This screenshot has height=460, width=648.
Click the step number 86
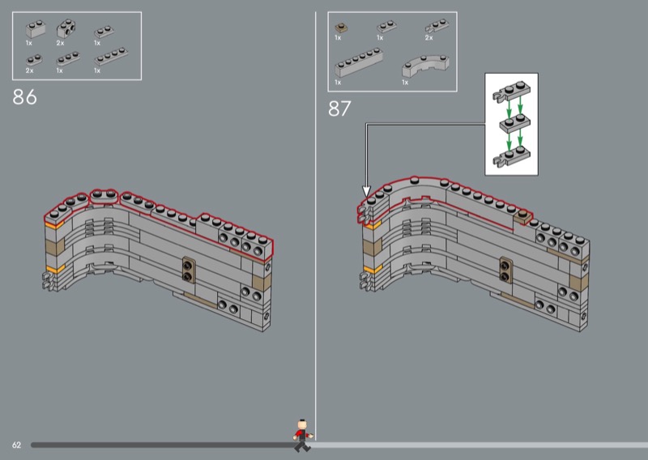pyautogui.click(x=25, y=97)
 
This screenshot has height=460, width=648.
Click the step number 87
pyautogui.click(x=339, y=109)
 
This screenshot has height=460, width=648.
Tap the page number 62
pyautogui.click(x=16, y=445)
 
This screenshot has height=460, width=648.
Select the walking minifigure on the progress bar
pyautogui.click(x=303, y=436)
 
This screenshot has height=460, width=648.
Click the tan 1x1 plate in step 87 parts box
pyautogui.click(x=341, y=28)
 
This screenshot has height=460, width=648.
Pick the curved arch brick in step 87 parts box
pyautogui.click(x=426, y=66)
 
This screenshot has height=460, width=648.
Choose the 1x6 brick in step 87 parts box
pyautogui.click(x=359, y=63)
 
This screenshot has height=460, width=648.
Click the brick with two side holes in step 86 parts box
pyautogui.click(x=66, y=28)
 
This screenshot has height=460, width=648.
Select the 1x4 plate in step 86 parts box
pyautogui.click(x=111, y=57)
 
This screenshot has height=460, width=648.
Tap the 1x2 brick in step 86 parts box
pyautogui.click(x=36, y=29)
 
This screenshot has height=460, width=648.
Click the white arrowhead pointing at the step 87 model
pyautogui.click(x=366, y=191)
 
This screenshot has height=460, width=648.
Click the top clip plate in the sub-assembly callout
pyautogui.click(x=512, y=92)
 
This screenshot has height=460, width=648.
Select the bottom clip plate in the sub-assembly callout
pyautogui.click(x=512, y=156)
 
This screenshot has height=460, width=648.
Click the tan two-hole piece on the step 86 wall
pyautogui.click(x=189, y=270)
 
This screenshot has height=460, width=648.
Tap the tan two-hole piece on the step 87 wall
pyautogui.click(x=505, y=270)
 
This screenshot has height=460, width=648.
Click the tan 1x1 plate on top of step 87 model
pyautogui.click(x=522, y=216)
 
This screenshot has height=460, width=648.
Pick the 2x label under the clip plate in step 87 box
pyautogui.click(x=429, y=38)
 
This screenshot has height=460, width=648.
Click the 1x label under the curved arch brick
pyautogui.click(x=405, y=83)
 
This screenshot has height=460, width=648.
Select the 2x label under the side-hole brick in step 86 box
pyautogui.click(x=60, y=43)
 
